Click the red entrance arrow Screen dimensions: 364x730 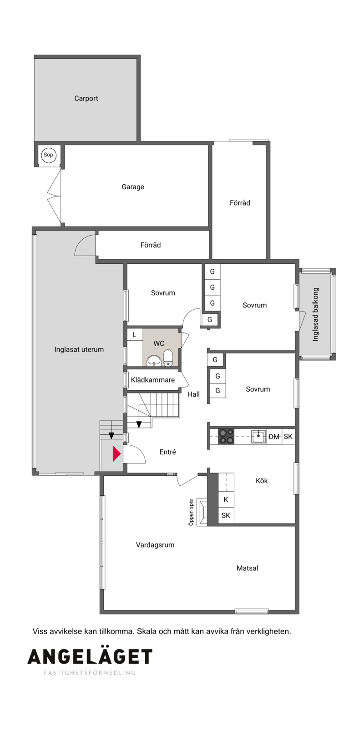click(x=116, y=453)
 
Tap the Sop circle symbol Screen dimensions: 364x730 click(x=48, y=155)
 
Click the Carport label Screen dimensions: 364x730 click(x=86, y=98)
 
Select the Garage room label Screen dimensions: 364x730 click(x=133, y=187)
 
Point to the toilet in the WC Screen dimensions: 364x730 click(x=168, y=358)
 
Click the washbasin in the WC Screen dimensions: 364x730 click(x=153, y=361)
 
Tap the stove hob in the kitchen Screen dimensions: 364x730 click(x=226, y=436)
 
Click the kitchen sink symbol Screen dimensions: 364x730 click(x=259, y=437)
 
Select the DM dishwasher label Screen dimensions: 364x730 click(x=274, y=437)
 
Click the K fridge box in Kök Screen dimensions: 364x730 click(x=226, y=499)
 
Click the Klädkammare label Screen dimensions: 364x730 click(x=153, y=380)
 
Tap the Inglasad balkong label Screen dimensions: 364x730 click(x=315, y=314)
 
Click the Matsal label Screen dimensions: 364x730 click(x=248, y=568)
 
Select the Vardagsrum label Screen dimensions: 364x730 click(x=155, y=545)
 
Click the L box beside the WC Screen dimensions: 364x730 click(x=134, y=335)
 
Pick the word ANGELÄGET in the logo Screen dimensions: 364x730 click(x=90, y=657)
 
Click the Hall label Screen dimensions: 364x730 click(x=193, y=394)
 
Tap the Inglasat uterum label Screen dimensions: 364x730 click(x=79, y=349)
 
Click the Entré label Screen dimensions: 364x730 click(x=168, y=452)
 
